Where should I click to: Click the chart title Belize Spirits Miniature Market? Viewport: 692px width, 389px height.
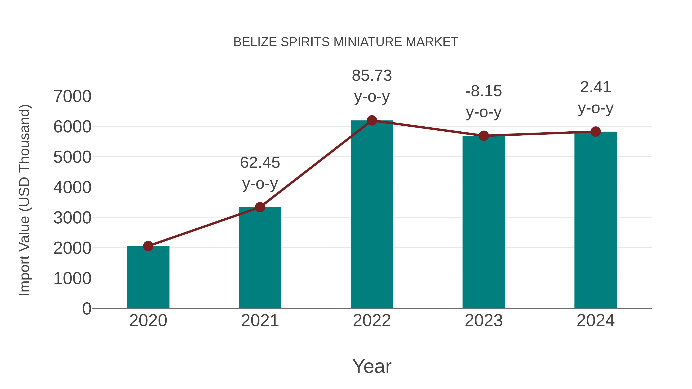[346, 42]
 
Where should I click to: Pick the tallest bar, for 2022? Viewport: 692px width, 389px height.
[372, 215]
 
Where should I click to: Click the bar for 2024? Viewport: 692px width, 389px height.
[596, 220]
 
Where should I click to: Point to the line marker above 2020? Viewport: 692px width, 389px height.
[148, 246]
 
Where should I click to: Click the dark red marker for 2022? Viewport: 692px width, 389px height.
[372, 120]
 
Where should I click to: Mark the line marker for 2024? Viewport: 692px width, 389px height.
[596, 132]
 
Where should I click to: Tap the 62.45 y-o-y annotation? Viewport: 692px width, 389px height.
[260, 173]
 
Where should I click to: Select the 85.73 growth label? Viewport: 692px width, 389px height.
[372, 86]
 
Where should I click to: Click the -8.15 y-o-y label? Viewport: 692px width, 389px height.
[484, 101]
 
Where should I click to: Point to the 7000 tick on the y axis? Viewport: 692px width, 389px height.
[72, 96]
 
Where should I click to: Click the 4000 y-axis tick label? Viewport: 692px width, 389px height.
[72, 187]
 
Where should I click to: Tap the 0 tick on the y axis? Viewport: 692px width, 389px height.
[86, 309]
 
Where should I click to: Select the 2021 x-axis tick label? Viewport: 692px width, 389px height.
[260, 321]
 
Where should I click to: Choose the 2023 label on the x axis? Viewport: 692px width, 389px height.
[484, 321]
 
